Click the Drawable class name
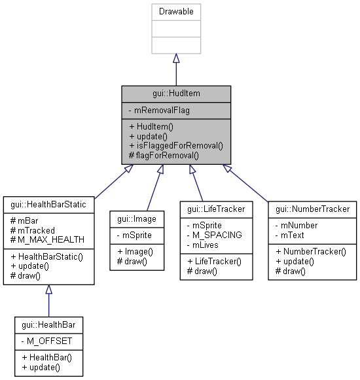tap(175, 12)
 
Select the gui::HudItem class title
tap(175, 94)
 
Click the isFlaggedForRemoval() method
tap(175, 146)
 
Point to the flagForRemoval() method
tap(164, 156)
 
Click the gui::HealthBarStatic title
tap(49, 204)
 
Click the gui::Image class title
tap(136, 219)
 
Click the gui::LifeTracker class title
tap(216, 209)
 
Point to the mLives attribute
tap(206, 245)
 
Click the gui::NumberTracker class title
tap(313, 209)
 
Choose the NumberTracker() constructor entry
tap(311, 250)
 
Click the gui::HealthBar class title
tap(49, 324)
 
